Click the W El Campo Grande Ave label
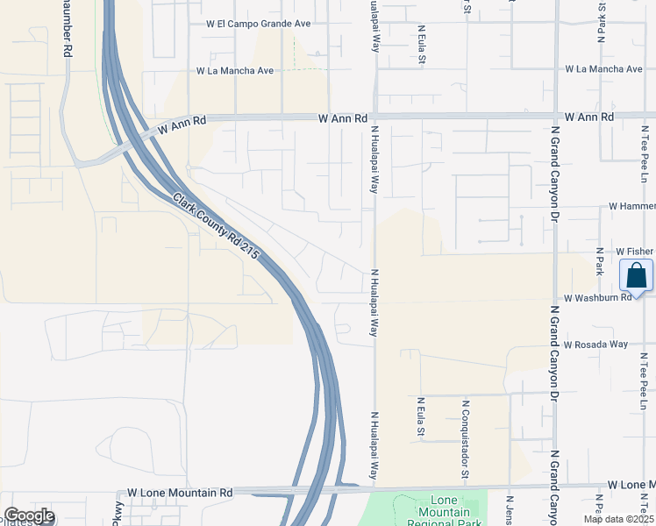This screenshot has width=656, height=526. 259,25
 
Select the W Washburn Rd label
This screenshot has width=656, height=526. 598,298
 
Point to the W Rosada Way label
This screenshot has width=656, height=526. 595,345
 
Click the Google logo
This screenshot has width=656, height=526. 29,516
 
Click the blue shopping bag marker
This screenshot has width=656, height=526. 636,276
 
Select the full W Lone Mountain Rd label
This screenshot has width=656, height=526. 180,494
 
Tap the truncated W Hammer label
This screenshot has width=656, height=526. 631,206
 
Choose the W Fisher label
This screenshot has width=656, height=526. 635,251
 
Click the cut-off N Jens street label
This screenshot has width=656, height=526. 508,510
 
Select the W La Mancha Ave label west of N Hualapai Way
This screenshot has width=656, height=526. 235,70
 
